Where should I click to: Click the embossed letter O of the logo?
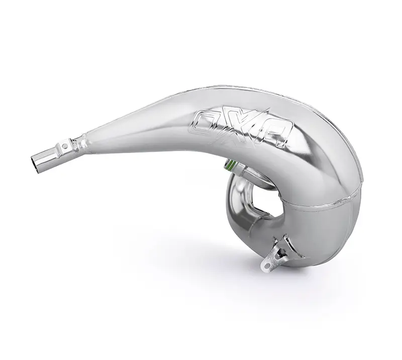(205, 121)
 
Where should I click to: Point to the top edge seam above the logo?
(241, 92)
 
